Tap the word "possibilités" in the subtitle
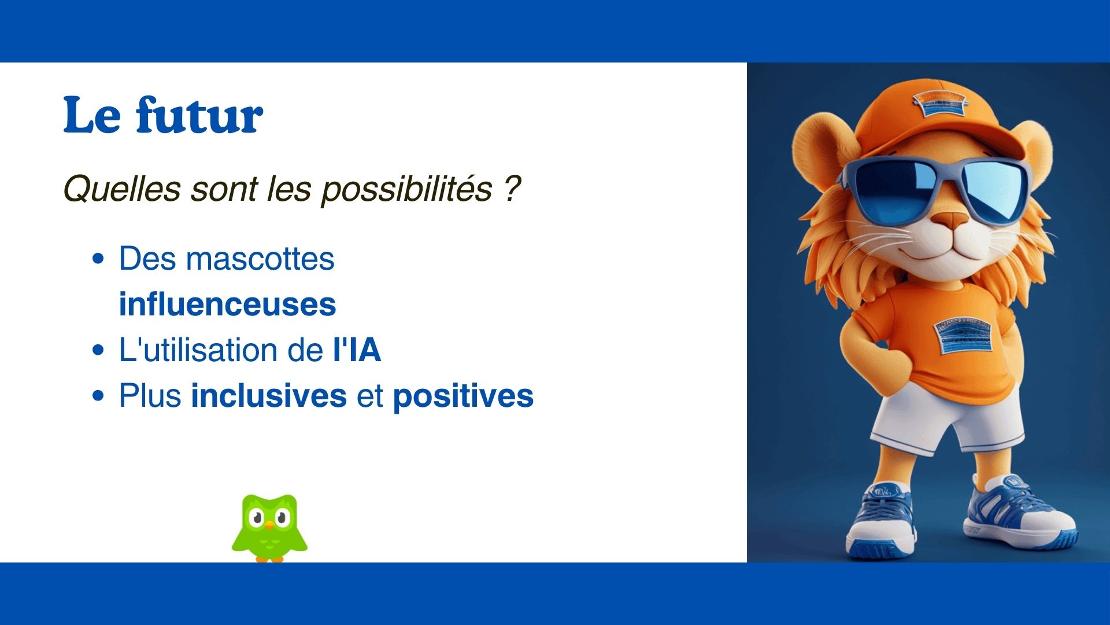coord(406,190)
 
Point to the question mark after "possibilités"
coord(512,188)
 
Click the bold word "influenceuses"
coord(227,304)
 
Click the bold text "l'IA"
coord(357,350)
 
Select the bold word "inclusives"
coord(269,396)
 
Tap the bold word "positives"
coord(463,397)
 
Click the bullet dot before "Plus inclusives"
coord(99,396)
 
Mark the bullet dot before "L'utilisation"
coord(99,351)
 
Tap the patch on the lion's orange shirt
coord(962,335)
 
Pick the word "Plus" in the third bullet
coord(150,396)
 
